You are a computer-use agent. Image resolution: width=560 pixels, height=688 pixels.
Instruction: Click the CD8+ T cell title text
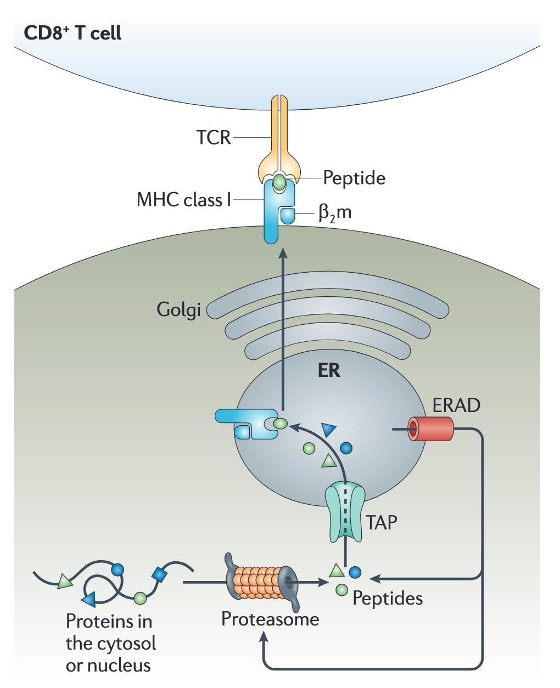72,33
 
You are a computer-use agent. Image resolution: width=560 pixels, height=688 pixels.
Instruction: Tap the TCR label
214,137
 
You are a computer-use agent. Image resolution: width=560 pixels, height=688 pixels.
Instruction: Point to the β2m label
335,212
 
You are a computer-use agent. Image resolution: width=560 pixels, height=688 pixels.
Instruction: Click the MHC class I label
184,200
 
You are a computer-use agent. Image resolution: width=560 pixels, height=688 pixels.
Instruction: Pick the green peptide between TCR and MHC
279,182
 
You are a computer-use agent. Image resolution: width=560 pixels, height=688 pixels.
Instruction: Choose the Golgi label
178,310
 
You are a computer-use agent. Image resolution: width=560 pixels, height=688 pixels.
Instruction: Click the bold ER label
329,370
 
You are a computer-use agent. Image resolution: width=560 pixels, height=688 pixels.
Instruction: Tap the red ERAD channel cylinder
431,429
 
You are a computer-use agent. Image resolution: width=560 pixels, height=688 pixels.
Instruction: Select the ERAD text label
456,405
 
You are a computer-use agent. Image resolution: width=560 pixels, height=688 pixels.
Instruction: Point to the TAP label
382,523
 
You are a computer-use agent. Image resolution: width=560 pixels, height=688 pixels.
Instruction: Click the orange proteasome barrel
257,582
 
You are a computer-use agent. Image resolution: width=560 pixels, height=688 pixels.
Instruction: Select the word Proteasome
270,619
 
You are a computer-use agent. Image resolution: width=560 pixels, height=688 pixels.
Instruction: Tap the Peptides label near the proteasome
388,598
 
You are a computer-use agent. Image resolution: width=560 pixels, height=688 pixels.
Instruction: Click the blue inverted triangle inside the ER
329,429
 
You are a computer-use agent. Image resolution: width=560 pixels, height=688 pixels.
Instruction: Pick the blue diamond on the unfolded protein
159,574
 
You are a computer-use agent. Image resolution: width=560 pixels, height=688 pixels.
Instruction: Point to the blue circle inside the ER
346,448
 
